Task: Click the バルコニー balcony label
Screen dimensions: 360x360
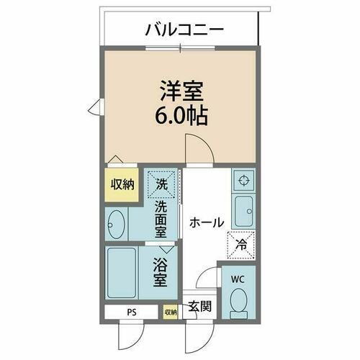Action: coord(184,30)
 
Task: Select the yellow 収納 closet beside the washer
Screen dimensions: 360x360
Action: coord(122,184)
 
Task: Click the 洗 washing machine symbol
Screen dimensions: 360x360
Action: coord(162,184)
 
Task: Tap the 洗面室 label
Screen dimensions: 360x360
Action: coord(162,219)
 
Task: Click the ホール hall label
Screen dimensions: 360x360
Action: coord(207,222)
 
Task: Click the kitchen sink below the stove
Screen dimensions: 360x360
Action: coord(243,209)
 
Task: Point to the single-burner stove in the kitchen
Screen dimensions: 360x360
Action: coord(243,180)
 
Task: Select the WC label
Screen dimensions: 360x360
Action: coord(238,278)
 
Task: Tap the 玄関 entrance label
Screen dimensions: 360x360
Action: coord(199,306)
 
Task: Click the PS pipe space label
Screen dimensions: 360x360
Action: coord(130,312)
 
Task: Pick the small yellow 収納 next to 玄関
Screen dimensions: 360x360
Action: coord(170,312)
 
